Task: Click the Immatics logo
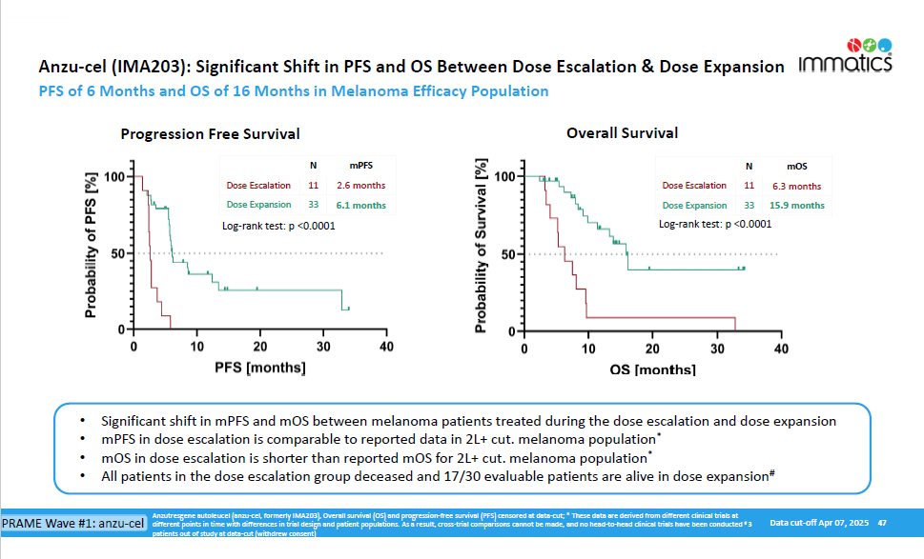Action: pyautogui.click(x=845, y=58)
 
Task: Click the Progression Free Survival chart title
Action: pyautogui.click(x=210, y=134)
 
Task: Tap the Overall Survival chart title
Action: pyautogui.click(x=623, y=133)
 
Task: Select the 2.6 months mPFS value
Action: pyautogui.click(x=360, y=186)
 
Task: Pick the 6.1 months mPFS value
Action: pyautogui.click(x=360, y=205)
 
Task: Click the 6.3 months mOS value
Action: pyautogui.click(x=798, y=186)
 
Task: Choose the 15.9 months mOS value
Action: pyautogui.click(x=798, y=205)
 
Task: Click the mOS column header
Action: pyautogui.click(x=797, y=166)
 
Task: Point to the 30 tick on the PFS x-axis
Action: pyautogui.click(x=323, y=346)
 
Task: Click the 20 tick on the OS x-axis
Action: pyautogui.click(x=652, y=349)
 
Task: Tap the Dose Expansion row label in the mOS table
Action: pyautogui.click(x=695, y=205)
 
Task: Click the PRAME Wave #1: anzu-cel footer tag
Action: pyautogui.click(x=73, y=524)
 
